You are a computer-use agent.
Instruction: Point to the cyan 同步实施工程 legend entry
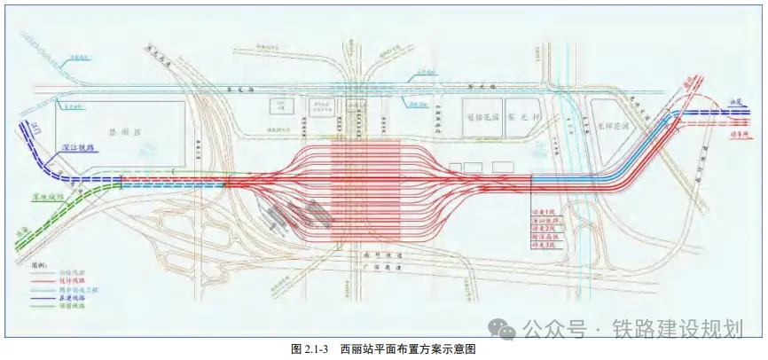pos(74,289)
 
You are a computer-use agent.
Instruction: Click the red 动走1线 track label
pos(541,211)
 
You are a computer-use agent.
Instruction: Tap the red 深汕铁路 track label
pos(541,219)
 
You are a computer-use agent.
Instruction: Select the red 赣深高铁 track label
pos(541,236)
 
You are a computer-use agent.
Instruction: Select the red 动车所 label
pos(735,136)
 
